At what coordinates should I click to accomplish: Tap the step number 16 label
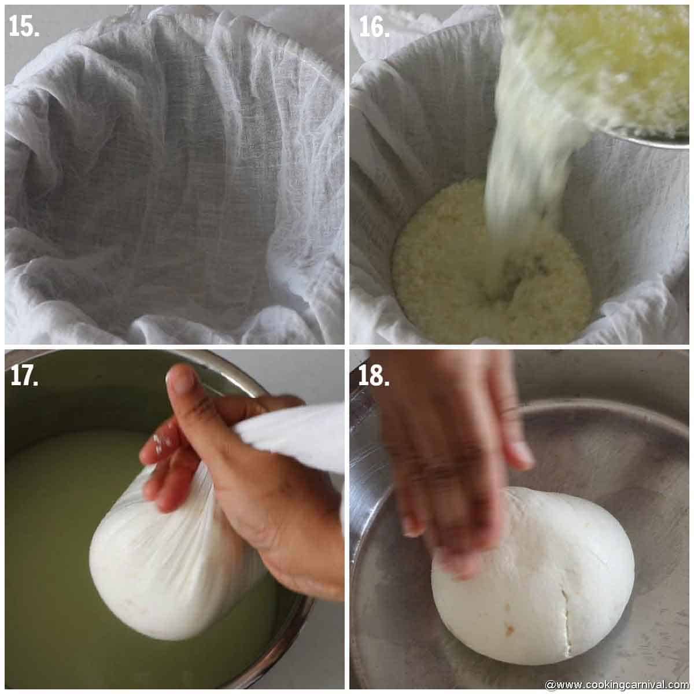pyautogui.click(x=374, y=26)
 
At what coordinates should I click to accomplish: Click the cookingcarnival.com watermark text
pyautogui.click(x=616, y=685)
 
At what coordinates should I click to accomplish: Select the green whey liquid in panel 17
pyautogui.click(x=52, y=520)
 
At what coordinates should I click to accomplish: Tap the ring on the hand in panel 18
pyautogui.click(x=512, y=411)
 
